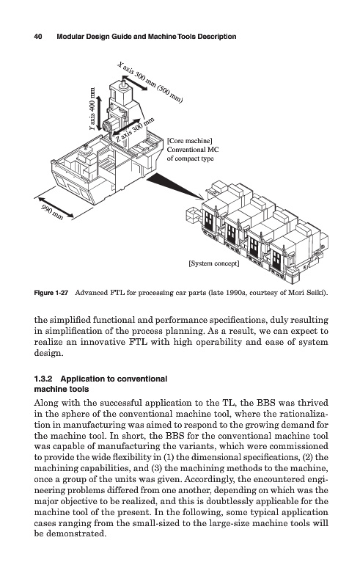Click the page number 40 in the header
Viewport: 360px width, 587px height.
point(38,37)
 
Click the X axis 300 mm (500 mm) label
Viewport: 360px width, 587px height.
point(150,82)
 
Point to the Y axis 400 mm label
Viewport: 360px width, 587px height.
point(92,109)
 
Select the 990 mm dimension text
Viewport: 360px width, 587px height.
point(52,212)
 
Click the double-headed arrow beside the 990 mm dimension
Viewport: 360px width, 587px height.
point(56,207)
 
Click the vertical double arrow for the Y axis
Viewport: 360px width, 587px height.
point(99,113)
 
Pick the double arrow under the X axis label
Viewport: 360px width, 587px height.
point(134,82)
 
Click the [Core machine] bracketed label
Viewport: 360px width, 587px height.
point(190,141)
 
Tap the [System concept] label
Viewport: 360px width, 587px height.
point(214,263)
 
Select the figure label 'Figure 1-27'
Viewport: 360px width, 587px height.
point(51,293)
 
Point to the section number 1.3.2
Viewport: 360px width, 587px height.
point(43,379)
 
